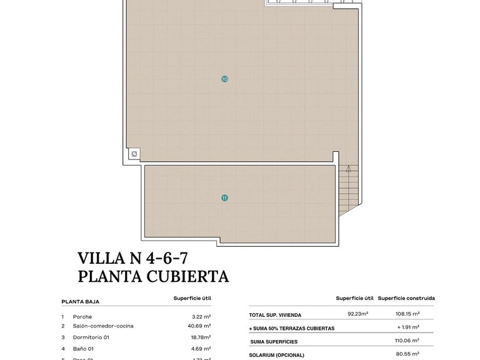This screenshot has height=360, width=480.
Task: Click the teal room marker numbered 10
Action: point(224,79)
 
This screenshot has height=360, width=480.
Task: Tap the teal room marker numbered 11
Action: point(224,198)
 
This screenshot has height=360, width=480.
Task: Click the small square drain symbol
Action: point(134,154)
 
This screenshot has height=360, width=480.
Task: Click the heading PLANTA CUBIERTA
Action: point(153,276)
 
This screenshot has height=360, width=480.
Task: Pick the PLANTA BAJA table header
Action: point(80,301)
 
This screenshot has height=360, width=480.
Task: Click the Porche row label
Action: point(82,317)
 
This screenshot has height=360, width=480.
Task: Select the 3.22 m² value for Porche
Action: point(201,317)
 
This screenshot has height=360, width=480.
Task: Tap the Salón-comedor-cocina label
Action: point(103,326)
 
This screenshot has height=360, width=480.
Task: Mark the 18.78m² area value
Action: point(200,337)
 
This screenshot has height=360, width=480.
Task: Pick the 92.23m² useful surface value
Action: point(357,314)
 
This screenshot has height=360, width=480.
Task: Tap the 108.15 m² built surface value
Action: point(407,314)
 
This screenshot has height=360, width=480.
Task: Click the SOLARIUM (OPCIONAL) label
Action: point(277,355)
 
